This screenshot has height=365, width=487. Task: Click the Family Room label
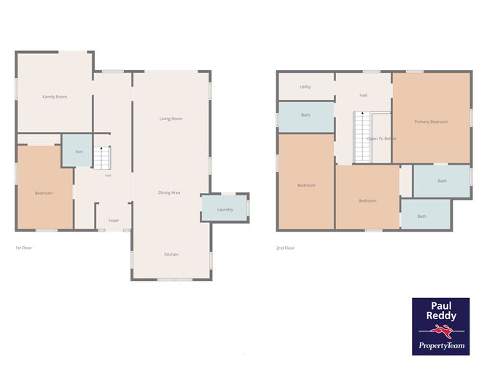coord(55,97)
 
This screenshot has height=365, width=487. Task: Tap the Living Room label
coord(171,119)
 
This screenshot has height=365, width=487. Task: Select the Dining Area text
coord(169,193)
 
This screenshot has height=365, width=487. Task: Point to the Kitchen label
coord(171,254)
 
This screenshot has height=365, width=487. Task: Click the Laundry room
coord(225,208)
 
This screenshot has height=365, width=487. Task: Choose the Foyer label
coord(114,220)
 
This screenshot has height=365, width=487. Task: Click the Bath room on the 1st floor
coord(77,151)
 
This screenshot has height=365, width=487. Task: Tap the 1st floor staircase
coord(102,157)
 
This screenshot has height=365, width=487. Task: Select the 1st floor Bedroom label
coord(44,193)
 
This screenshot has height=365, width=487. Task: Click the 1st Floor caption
coord(23,248)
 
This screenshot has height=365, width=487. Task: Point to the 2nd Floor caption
coord(285,248)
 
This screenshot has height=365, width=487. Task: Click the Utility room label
coord(305,87)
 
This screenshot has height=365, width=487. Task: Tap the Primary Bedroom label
coord(431,122)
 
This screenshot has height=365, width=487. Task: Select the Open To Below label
coord(381,138)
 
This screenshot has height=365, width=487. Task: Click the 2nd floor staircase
coord(362,137)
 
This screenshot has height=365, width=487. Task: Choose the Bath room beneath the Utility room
coord(306,117)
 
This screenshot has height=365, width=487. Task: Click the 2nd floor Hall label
coord(363,95)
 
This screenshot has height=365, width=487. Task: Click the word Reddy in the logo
coord(441,315)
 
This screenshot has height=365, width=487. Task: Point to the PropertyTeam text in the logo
coord(442,345)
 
